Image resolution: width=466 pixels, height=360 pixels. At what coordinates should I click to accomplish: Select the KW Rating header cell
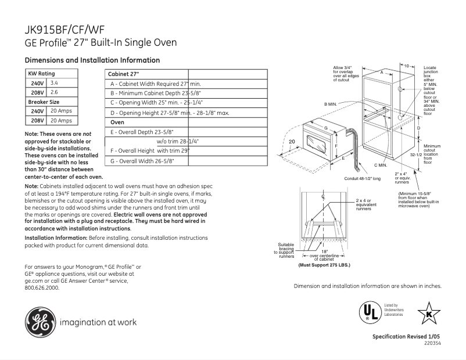tap(42, 74)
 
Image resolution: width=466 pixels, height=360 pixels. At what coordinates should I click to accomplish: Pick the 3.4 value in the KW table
tap(55, 83)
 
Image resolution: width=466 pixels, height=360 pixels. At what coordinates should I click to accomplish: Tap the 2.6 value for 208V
tap(55, 92)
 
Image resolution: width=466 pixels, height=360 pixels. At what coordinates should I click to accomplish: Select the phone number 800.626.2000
tap(42, 287)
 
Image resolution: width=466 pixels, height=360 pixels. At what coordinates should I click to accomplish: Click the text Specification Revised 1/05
tap(407, 337)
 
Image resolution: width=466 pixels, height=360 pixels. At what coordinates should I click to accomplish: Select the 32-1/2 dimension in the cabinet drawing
tap(415, 155)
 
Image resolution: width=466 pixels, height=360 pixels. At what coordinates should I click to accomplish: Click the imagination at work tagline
tap(98, 322)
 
